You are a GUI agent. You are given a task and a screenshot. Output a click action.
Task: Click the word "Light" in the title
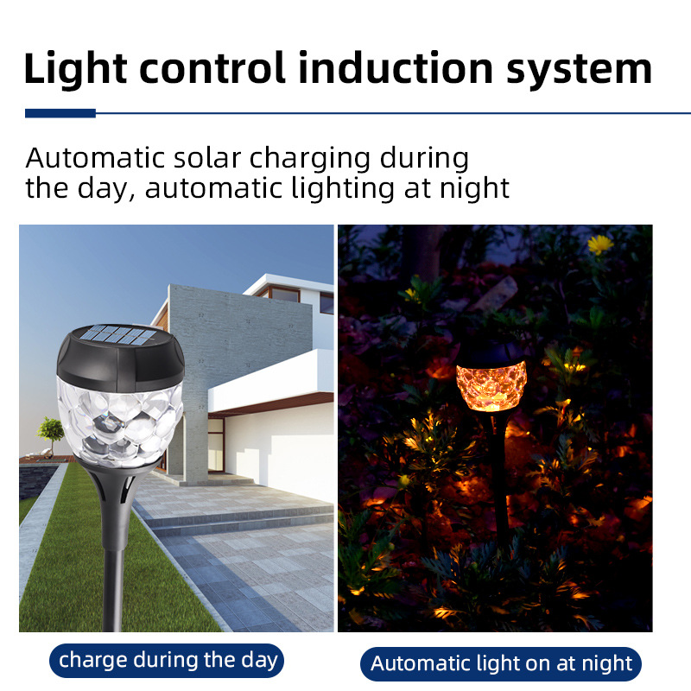73,67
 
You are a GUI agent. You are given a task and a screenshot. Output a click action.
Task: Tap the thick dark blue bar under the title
60,113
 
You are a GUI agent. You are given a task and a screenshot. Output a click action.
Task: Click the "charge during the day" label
168,661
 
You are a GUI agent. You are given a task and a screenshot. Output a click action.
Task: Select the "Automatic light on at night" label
501,663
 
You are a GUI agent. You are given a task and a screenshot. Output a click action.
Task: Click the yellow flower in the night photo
600,244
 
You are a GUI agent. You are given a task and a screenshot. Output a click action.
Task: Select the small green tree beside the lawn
51,429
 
